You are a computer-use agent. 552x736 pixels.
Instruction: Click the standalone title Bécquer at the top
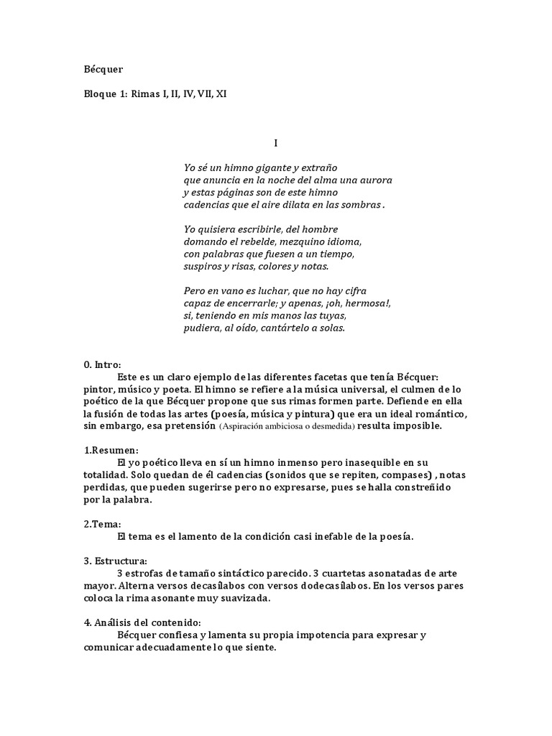pyautogui.click(x=103, y=70)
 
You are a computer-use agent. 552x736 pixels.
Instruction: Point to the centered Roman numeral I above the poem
pyautogui.click(x=275, y=143)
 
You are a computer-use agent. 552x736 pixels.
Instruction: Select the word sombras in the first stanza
pyautogui.click(x=362, y=204)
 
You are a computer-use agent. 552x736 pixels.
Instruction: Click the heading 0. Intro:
pyautogui.click(x=103, y=365)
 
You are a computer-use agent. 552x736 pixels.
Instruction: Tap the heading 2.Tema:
pyautogui.click(x=103, y=524)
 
